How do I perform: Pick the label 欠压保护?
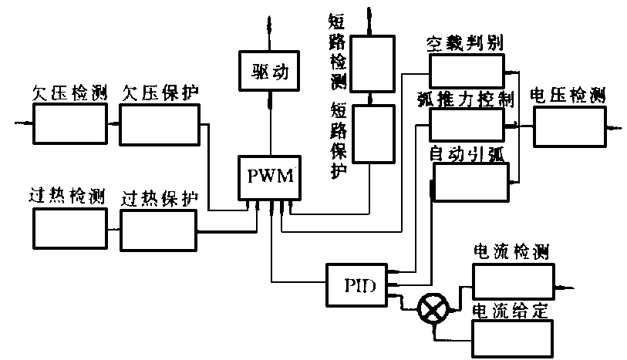(x=160, y=92)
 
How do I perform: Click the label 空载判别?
(x=465, y=43)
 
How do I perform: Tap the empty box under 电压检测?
(x=568, y=126)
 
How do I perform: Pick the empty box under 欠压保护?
(x=160, y=123)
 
